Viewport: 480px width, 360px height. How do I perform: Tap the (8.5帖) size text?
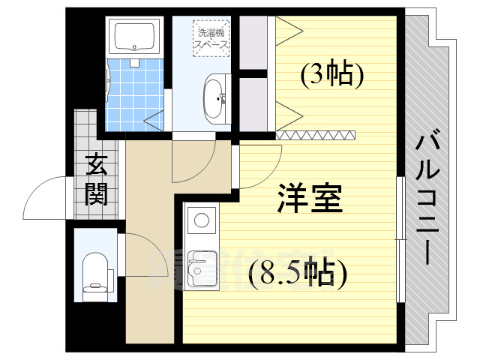[x=298, y=274]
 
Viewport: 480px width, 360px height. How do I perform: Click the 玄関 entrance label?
[x=96, y=179]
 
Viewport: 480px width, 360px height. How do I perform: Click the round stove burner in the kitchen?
[x=201, y=221]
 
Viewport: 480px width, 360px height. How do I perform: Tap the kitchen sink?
[x=200, y=267]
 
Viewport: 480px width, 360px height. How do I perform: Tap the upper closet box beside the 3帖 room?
[x=253, y=41]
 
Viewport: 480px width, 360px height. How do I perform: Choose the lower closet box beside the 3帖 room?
[x=253, y=101]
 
